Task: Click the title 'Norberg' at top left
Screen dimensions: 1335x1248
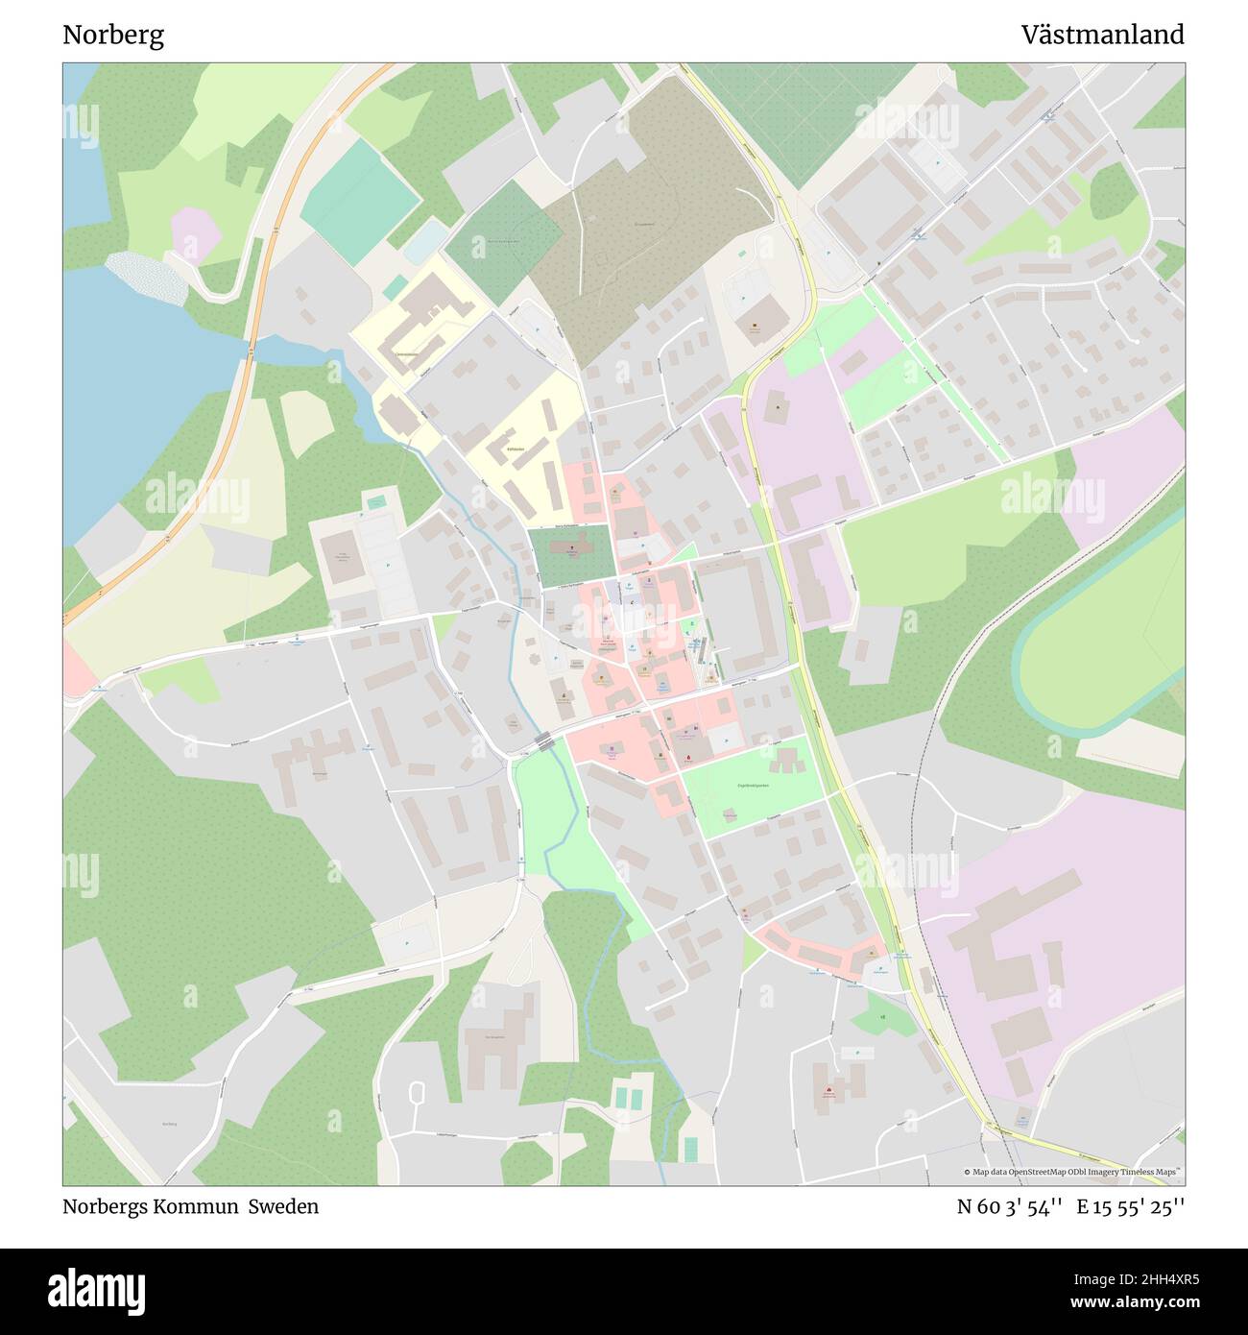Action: (x=113, y=36)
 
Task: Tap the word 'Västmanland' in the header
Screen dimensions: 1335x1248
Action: (x=1102, y=36)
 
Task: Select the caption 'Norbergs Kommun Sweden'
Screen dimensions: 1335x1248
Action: (x=190, y=1206)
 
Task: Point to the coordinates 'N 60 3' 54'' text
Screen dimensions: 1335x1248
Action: (x=1009, y=1206)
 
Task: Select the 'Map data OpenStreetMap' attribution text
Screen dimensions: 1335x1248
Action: (x=1018, y=1172)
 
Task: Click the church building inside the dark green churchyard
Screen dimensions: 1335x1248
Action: (x=573, y=551)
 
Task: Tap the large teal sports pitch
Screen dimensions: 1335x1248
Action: (x=359, y=201)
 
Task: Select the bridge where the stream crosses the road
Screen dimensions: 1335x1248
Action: (x=544, y=740)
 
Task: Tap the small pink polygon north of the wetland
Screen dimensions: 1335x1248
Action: (x=197, y=233)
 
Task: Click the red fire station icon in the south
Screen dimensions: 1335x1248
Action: (x=828, y=1091)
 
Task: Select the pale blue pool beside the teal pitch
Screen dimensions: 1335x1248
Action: (x=424, y=241)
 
